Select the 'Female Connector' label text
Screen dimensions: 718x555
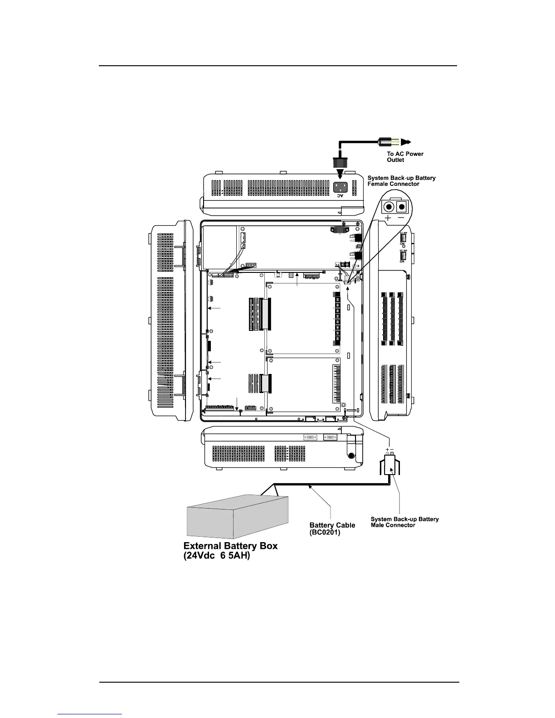pyautogui.click(x=393, y=184)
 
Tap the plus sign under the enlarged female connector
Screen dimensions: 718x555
pyautogui.click(x=389, y=218)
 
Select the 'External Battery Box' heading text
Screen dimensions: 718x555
pyautogui.click(x=230, y=546)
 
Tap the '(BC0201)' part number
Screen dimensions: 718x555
pyautogui.click(x=325, y=533)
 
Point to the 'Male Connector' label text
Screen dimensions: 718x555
pyautogui.click(x=393, y=525)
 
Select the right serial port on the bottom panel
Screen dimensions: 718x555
pyautogui.click(x=331, y=437)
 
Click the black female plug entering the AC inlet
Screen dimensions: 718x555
pyautogui.click(x=341, y=164)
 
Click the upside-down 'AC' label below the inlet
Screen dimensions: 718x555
pyautogui.click(x=340, y=196)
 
